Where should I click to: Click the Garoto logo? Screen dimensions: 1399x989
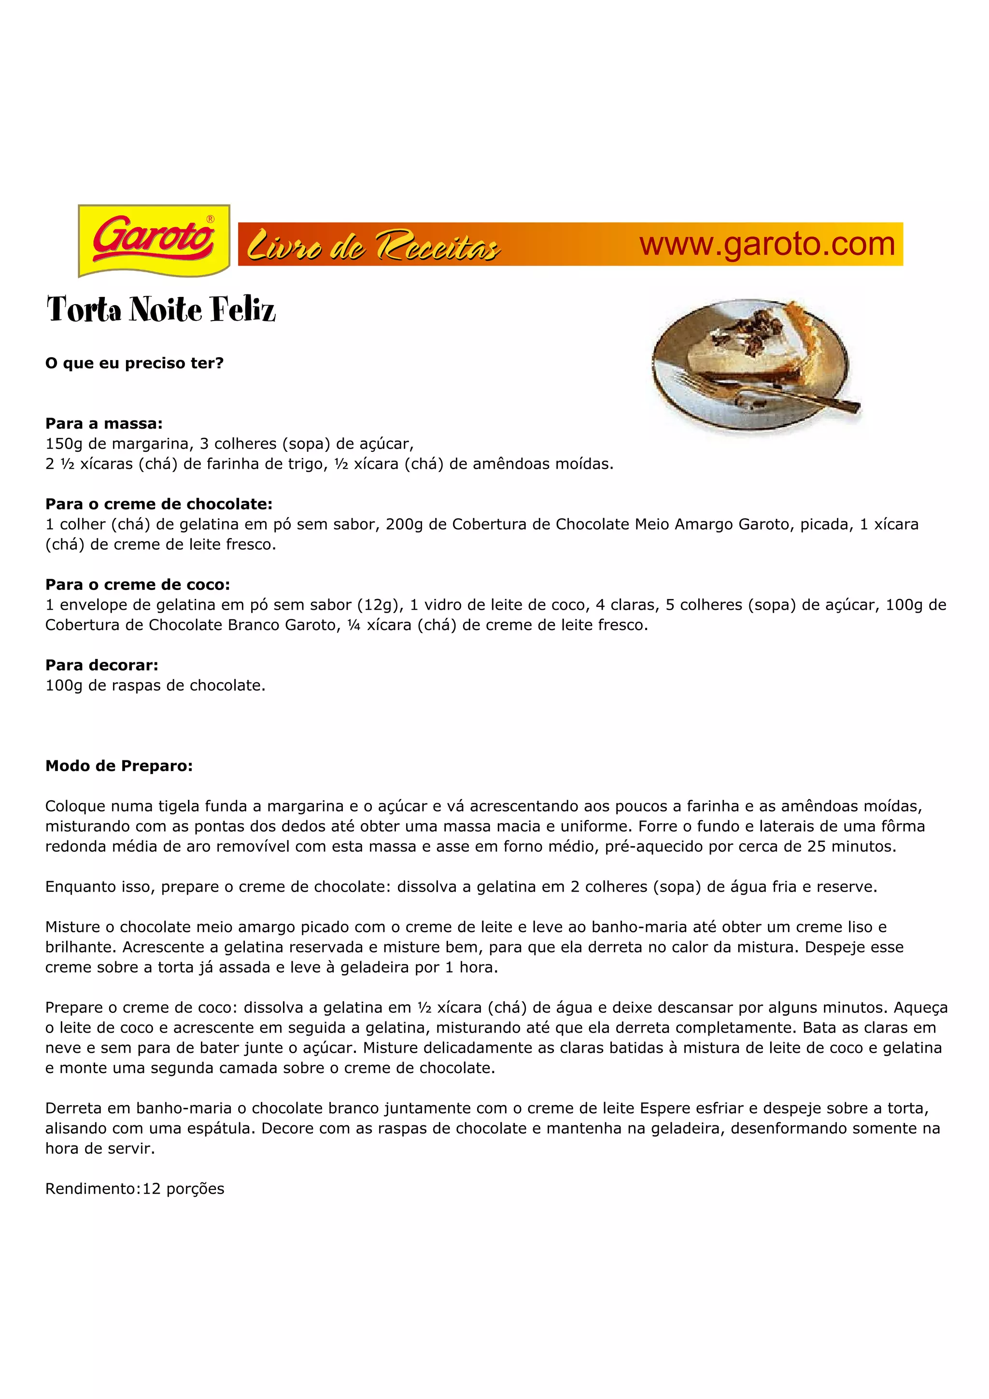pyautogui.click(x=154, y=241)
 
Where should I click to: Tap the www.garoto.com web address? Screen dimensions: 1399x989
pyautogui.click(x=766, y=244)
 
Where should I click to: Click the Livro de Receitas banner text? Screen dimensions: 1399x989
pyautogui.click(x=374, y=246)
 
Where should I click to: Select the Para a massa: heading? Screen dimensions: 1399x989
pyautogui.click(x=104, y=423)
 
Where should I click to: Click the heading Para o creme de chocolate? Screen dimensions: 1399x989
pyautogui.click(x=159, y=504)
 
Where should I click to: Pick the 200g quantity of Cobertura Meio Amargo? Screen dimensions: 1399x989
pyautogui.click(x=404, y=524)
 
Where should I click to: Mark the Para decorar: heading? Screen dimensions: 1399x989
pyautogui.click(x=102, y=665)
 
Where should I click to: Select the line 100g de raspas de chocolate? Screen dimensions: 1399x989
pyautogui.click(x=155, y=685)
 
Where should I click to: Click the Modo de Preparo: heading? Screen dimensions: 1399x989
pyautogui.click(x=119, y=766)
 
